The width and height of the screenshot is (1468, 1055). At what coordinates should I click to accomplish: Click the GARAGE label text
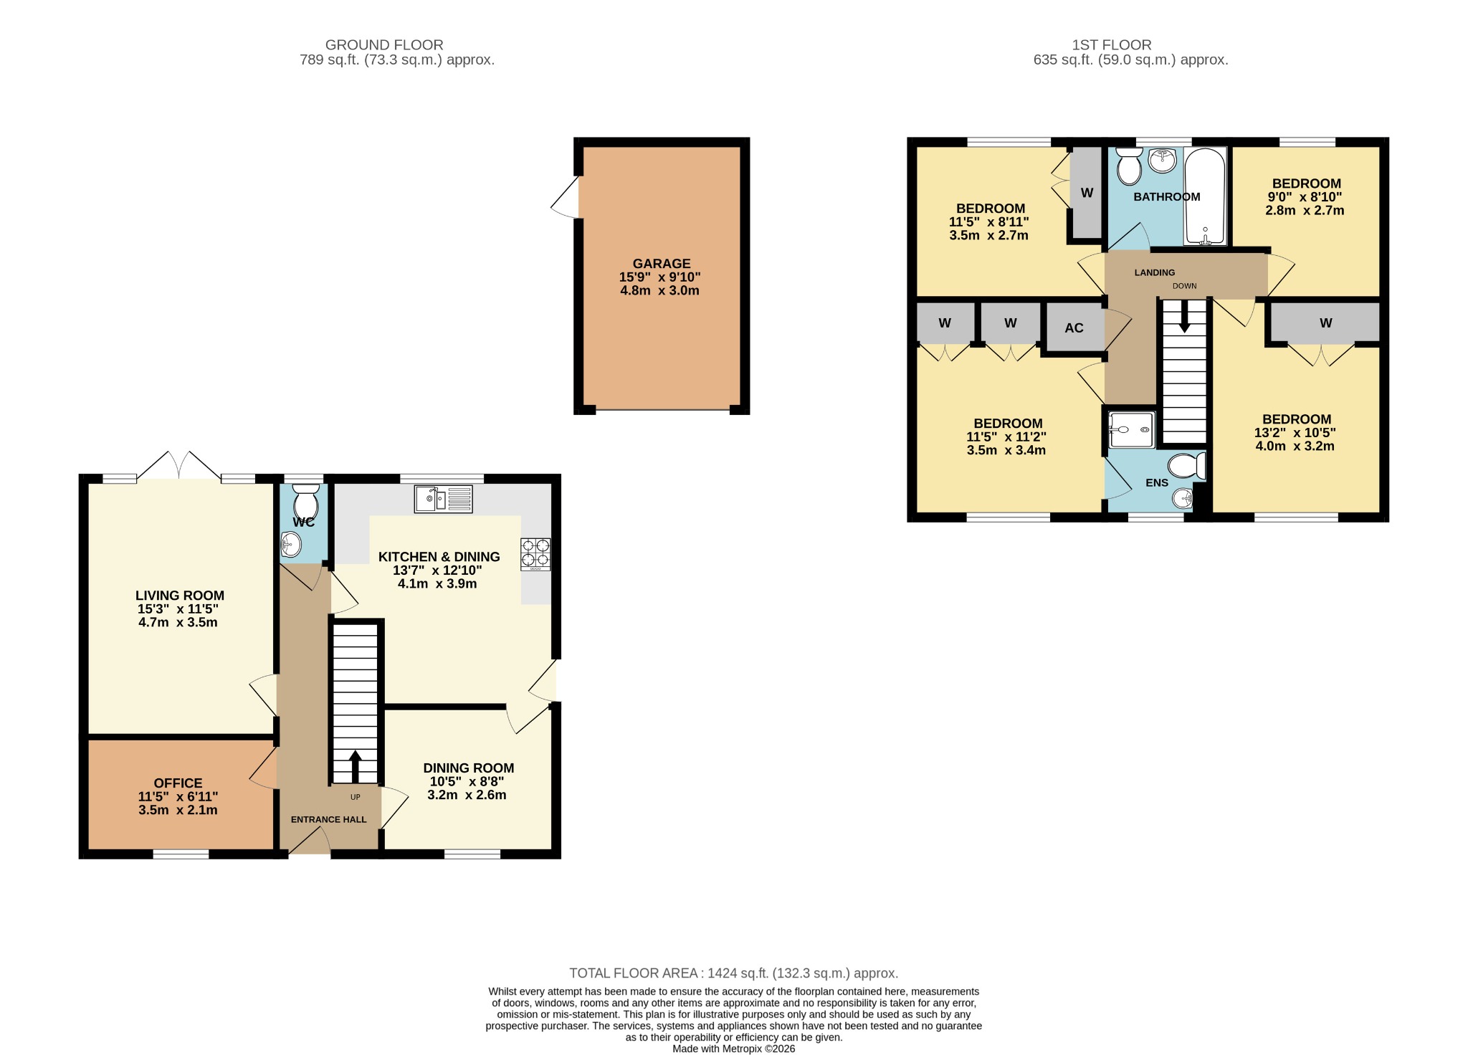point(661,264)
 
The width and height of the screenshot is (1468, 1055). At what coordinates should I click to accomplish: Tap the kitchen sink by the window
point(443,499)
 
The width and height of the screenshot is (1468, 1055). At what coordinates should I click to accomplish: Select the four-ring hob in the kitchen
point(535,554)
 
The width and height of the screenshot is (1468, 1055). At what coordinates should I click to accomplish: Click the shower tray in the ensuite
point(1131,429)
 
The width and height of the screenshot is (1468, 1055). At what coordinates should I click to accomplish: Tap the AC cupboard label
point(1073,328)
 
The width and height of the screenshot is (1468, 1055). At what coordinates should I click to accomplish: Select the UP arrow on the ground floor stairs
point(355,765)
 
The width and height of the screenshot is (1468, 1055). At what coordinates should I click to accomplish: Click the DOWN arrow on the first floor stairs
point(1184,316)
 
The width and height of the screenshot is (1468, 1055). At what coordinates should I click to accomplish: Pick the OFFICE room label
point(178,783)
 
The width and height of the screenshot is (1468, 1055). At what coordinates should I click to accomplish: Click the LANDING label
point(1154,272)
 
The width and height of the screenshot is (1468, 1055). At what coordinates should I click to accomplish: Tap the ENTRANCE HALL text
point(328,819)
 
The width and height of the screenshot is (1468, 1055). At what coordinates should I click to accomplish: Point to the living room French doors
point(179,466)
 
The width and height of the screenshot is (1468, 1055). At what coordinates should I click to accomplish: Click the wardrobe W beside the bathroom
point(1086,193)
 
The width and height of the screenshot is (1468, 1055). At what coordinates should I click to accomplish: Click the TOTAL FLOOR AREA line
point(733,973)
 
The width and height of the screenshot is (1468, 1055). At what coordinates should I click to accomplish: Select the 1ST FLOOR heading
point(1111,45)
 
